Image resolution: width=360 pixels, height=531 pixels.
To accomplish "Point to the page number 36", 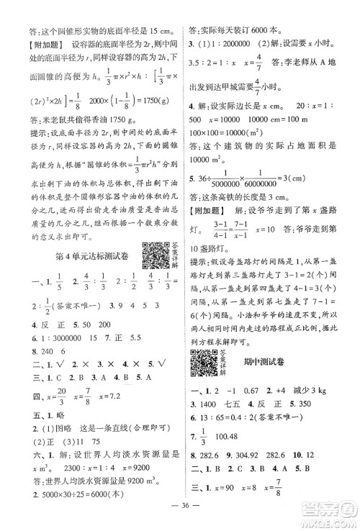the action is pos(180,512).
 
